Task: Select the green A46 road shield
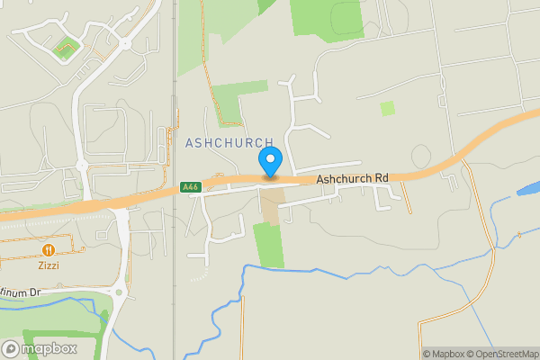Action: pyautogui.click(x=189, y=187)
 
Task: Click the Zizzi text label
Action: pyautogui.click(x=48, y=266)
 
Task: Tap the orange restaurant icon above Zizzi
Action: pyautogui.click(x=48, y=249)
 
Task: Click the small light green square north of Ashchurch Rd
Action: pyautogui.click(x=387, y=108)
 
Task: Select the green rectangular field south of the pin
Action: pyautogui.click(x=268, y=245)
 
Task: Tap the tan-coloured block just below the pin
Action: pyautogui.click(x=272, y=202)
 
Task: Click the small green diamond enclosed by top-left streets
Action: pyautogui.click(x=64, y=49)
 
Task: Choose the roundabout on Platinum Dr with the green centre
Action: pyautogui.click(x=117, y=291)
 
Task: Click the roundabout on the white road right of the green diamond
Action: pyautogui.click(x=124, y=42)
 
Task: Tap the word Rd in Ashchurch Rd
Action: pyautogui.click(x=381, y=179)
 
